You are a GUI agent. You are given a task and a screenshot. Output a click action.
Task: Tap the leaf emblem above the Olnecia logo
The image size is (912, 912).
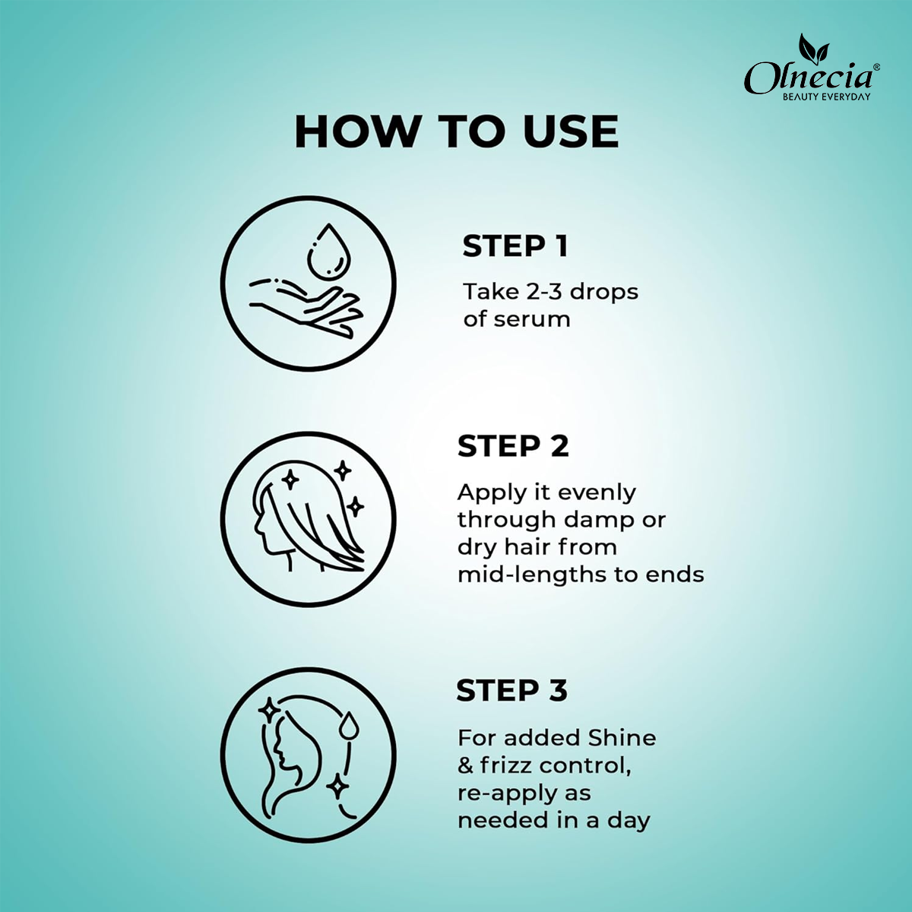tap(813, 49)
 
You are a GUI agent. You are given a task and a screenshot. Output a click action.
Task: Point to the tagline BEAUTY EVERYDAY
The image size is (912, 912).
tap(826, 97)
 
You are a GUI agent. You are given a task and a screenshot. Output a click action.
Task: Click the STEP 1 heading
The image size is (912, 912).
tap(515, 246)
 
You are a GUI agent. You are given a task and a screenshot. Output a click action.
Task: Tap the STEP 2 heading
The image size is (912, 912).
tap(513, 446)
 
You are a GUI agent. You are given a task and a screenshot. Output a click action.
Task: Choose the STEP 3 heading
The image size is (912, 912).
tap(511, 690)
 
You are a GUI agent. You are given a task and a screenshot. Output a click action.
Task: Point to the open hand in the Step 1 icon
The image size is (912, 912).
tap(306, 308)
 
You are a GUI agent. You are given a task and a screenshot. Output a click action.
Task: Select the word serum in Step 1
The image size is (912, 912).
tap(533, 320)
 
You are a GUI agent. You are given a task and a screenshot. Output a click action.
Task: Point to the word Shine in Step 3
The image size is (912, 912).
tap(622, 738)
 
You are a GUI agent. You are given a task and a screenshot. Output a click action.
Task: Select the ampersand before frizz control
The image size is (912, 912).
tap(465, 766)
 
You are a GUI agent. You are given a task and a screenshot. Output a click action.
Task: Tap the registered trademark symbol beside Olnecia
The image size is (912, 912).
tap(876, 67)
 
